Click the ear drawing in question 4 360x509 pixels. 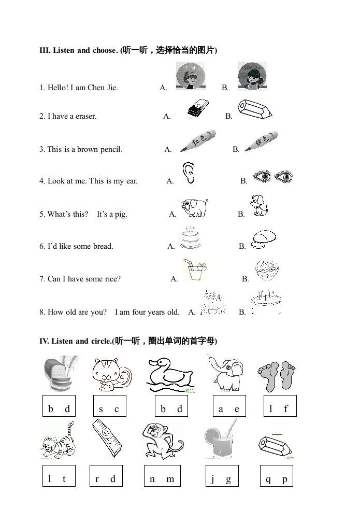pos(189,173)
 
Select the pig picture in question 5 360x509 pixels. pos(194,207)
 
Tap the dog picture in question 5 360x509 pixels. pos(258,206)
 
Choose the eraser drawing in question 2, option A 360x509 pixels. pos(196,108)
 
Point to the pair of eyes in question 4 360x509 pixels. pos(272,177)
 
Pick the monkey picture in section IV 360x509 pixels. pos(162,441)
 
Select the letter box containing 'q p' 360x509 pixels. pos(277,479)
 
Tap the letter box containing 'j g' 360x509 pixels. pos(222,479)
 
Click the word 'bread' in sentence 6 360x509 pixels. pos(103,246)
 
